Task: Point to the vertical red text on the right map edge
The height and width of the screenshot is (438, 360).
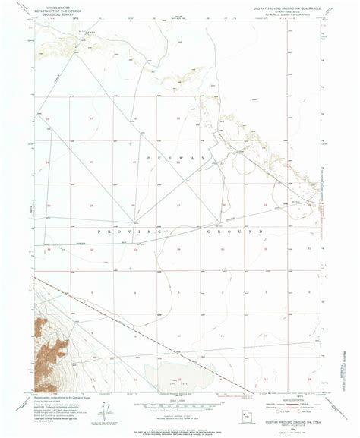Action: point(325,201)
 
